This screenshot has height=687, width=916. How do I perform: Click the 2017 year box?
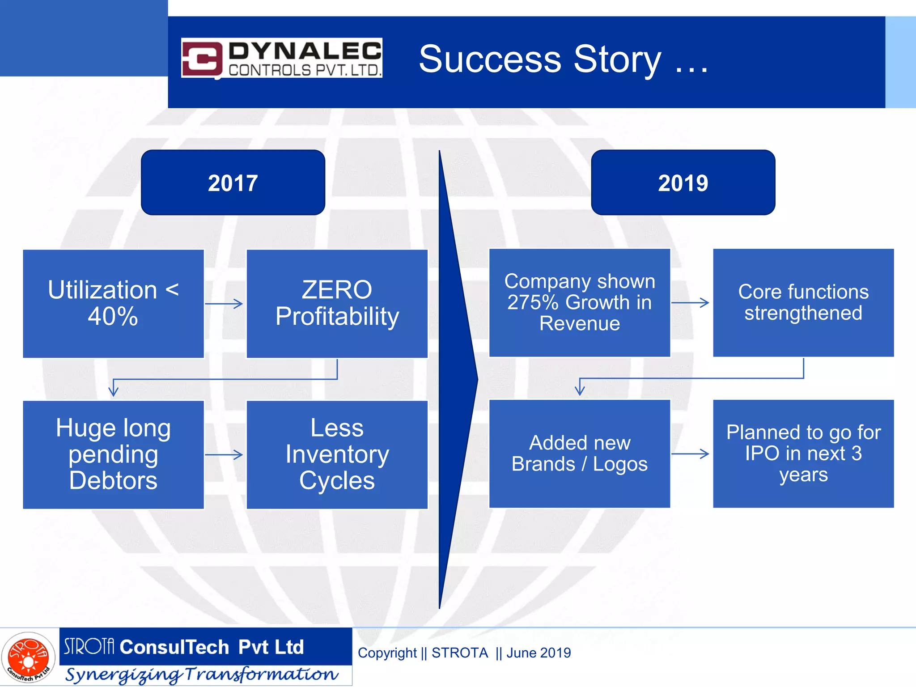pos(233,182)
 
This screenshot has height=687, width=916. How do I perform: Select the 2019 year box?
pos(683,182)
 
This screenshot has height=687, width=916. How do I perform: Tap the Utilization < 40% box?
pos(113,303)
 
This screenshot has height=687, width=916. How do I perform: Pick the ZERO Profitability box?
pos(337,303)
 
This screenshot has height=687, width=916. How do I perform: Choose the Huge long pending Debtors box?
pos(113,454)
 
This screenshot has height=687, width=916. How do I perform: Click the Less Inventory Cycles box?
pos(337,454)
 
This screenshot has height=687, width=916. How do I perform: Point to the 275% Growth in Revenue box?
pos(580,302)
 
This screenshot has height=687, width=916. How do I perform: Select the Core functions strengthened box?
pos(803,302)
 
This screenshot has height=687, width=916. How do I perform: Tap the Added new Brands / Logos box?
pos(580,454)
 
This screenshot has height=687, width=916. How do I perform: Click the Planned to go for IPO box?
pos(803,454)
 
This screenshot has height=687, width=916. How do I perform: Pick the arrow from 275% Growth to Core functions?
pos(691,303)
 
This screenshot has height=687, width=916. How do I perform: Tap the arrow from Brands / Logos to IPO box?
pos(691,454)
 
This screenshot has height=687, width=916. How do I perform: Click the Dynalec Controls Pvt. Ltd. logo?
pos(282,58)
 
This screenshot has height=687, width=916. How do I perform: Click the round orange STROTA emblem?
pos(28,657)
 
